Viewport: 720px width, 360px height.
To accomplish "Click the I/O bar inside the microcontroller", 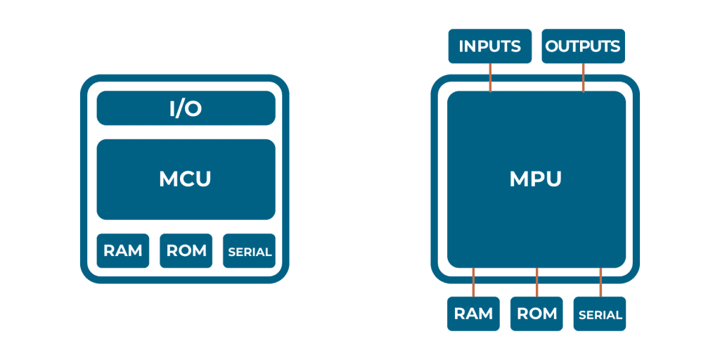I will pyautogui.click(x=186, y=108).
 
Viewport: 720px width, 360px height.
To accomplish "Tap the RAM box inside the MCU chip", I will pyautogui.click(x=123, y=251).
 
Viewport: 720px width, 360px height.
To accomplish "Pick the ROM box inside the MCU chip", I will pyautogui.click(x=186, y=251).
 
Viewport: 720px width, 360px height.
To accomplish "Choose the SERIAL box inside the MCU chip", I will pyautogui.click(x=249, y=251).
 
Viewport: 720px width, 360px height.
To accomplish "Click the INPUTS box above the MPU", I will pyautogui.click(x=490, y=46).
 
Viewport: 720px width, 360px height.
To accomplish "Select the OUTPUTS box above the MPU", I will pyautogui.click(x=584, y=46).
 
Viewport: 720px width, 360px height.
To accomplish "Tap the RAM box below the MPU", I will pyautogui.click(x=473, y=314).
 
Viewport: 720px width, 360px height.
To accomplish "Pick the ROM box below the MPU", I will pyautogui.click(x=536, y=314).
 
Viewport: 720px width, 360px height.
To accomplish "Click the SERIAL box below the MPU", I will pyautogui.click(x=600, y=314).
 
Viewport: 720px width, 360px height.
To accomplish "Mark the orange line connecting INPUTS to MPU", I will pyautogui.click(x=490, y=77).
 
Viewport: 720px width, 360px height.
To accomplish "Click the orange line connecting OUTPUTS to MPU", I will pyautogui.click(x=584, y=77).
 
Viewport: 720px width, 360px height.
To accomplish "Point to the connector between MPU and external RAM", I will pyautogui.click(x=473, y=282).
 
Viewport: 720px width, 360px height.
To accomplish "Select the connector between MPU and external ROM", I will pyautogui.click(x=536, y=282).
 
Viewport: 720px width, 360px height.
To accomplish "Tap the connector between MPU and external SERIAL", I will pyautogui.click(x=600, y=282).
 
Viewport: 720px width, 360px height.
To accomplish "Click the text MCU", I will pyautogui.click(x=186, y=179).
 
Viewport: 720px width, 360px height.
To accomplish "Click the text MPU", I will pyautogui.click(x=536, y=179).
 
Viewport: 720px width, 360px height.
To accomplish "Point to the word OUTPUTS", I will pyautogui.click(x=584, y=46).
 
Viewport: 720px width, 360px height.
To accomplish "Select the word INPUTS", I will pyautogui.click(x=490, y=46).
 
